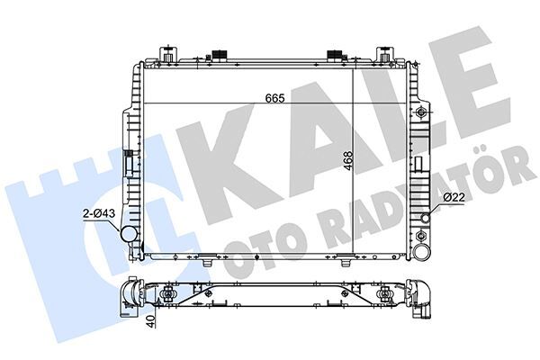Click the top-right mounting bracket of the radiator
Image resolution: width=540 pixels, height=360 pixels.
(x=387, y=52)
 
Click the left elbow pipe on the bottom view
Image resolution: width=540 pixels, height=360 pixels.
(x=130, y=296)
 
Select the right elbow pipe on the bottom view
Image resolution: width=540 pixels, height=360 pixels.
(x=421, y=296)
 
